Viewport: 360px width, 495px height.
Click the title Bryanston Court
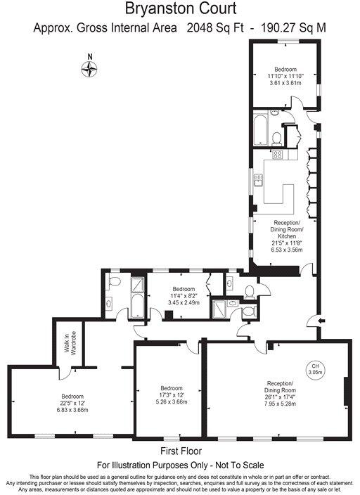(181, 9)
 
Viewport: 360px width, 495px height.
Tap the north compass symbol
(89, 68)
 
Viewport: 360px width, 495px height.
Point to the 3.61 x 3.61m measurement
(285, 83)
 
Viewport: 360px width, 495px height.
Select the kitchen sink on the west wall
(259, 180)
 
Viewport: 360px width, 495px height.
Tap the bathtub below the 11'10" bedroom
(261, 130)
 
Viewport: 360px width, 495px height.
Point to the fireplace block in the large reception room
(346, 392)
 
